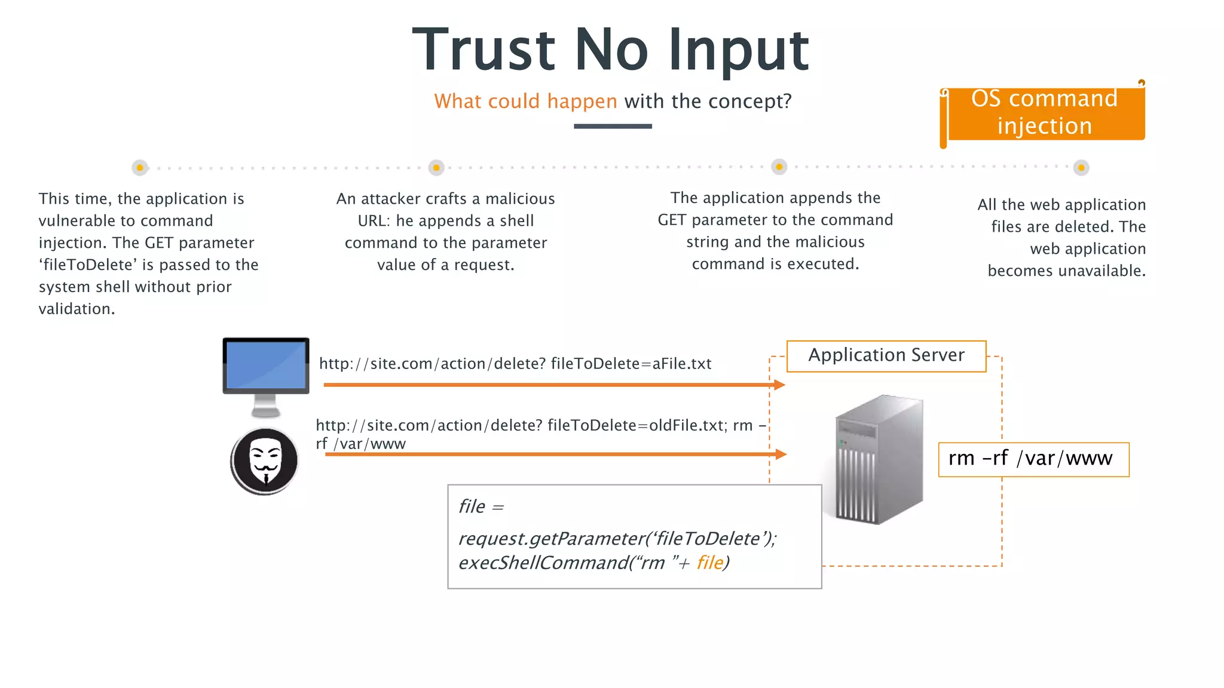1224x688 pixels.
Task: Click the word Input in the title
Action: tap(738, 50)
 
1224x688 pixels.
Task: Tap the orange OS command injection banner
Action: tap(1044, 113)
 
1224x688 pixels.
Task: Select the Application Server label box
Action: tap(886, 356)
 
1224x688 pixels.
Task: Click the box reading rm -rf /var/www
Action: tap(1033, 459)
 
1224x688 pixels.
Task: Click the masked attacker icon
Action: tap(265, 461)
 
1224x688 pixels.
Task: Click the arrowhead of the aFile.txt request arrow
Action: tap(779, 385)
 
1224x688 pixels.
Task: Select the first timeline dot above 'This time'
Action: tap(140, 168)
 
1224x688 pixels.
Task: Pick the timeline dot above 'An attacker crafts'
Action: tap(436, 168)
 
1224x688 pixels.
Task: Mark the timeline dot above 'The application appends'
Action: tap(779, 167)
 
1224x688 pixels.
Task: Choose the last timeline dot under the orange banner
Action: tap(1081, 168)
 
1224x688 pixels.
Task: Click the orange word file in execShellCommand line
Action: tap(709, 563)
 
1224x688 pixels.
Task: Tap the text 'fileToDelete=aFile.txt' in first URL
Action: tap(631, 364)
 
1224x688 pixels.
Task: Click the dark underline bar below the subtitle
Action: tap(613, 126)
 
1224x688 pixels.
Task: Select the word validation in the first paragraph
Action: tap(76, 309)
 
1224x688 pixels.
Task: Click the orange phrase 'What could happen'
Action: tap(525, 102)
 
